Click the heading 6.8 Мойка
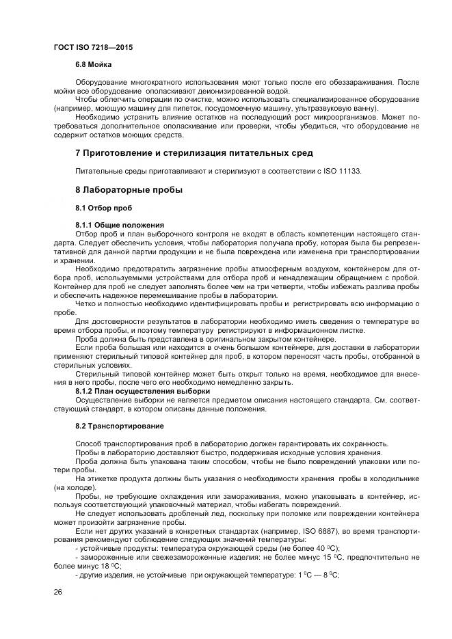(94, 64)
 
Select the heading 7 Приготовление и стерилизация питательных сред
(194, 152)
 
